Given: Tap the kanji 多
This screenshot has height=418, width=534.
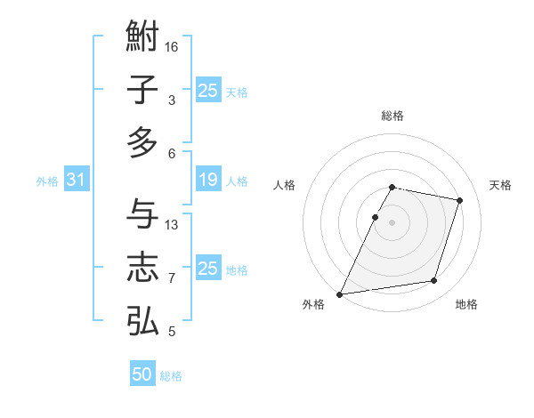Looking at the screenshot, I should pyautogui.click(x=142, y=142).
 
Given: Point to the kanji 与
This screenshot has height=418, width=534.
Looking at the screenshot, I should pyautogui.click(x=142, y=213).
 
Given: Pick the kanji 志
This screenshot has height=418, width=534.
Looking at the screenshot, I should pyautogui.click(x=142, y=268).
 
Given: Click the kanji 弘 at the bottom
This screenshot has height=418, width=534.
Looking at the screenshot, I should pyautogui.click(x=142, y=320).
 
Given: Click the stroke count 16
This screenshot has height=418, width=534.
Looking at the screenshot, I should pyautogui.click(x=173, y=46).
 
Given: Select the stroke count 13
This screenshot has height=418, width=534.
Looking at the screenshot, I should pyautogui.click(x=173, y=224).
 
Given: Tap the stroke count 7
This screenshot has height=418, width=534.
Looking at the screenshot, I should pyautogui.click(x=172, y=278).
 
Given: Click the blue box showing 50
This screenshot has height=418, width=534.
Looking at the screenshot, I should pyautogui.click(x=142, y=374).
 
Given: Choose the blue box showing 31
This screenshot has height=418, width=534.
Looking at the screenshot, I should pyautogui.click(x=77, y=181).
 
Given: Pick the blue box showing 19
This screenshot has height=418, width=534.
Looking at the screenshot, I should pyautogui.click(x=208, y=181).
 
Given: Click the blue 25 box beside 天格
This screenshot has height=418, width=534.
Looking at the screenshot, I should pyautogui.click(x=208, y=91).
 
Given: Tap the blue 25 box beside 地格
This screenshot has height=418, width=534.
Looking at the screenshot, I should pyautogui.click(x=208, y=269).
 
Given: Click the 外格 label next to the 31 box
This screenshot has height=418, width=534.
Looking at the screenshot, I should pyautogui.click(x=47, y=181).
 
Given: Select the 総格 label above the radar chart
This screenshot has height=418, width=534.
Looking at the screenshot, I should pyautogui.click(x=392, y=116).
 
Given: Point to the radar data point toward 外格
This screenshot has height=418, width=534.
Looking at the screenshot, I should pyautogui.click(x=340, y=293).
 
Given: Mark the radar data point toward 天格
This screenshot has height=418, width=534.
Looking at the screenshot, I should pyautogui.click(x=460, y=200).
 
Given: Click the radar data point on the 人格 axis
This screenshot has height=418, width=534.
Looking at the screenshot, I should pyautogui.click(x=375, y=217).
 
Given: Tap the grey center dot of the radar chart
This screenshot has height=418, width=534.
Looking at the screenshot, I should pyautogui.click(x=392, y=222).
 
